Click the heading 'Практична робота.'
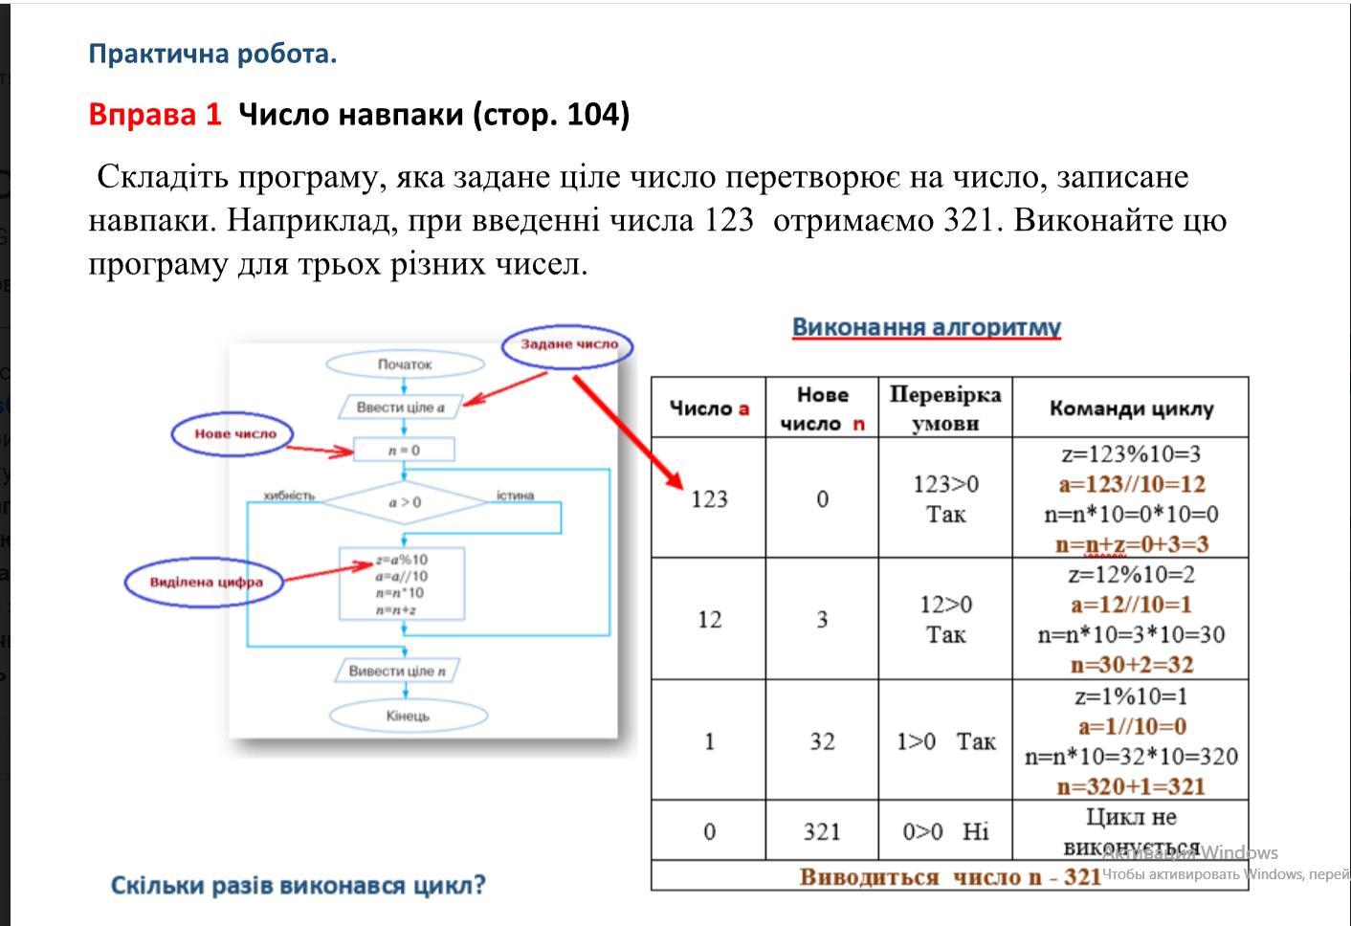pyautogui.click(x=212, y=54)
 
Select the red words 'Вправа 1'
pyautogui.click(x=154, y=115)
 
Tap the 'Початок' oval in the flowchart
pyautogui.click(x=405, y=364)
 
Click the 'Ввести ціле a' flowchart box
pyautogui.click(x=401, y=408)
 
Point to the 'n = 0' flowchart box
pyautogui.click(x=404, y=450)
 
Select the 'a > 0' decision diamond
pyautogui.click(x=404, y=501)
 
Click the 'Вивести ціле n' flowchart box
pyautogui.click(x=397, y=671)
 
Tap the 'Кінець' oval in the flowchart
pyautogui.click(x=408, y=716)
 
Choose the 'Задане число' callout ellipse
pyautogui.click(x=568, y=344)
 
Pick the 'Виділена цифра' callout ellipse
pyautogui.click(x=205, y=582)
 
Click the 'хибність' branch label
pyautogui.click(x=289, y=496)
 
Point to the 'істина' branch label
pyautogui.click(x=515, y=496)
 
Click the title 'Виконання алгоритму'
pyautogui.click(x=926, y=327)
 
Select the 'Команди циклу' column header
pyautogui.click(x=1131, y=408)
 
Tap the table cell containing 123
pyautogui.click(x=709, y=498)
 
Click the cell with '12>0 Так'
pyautogui.click(x=945, y=619)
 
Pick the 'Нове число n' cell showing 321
pyautogui.click(x=822, y=831)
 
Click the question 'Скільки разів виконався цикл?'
pyautogui.click(x=299, y=885)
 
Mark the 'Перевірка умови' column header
pyautogui.click(x=945, y=408)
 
